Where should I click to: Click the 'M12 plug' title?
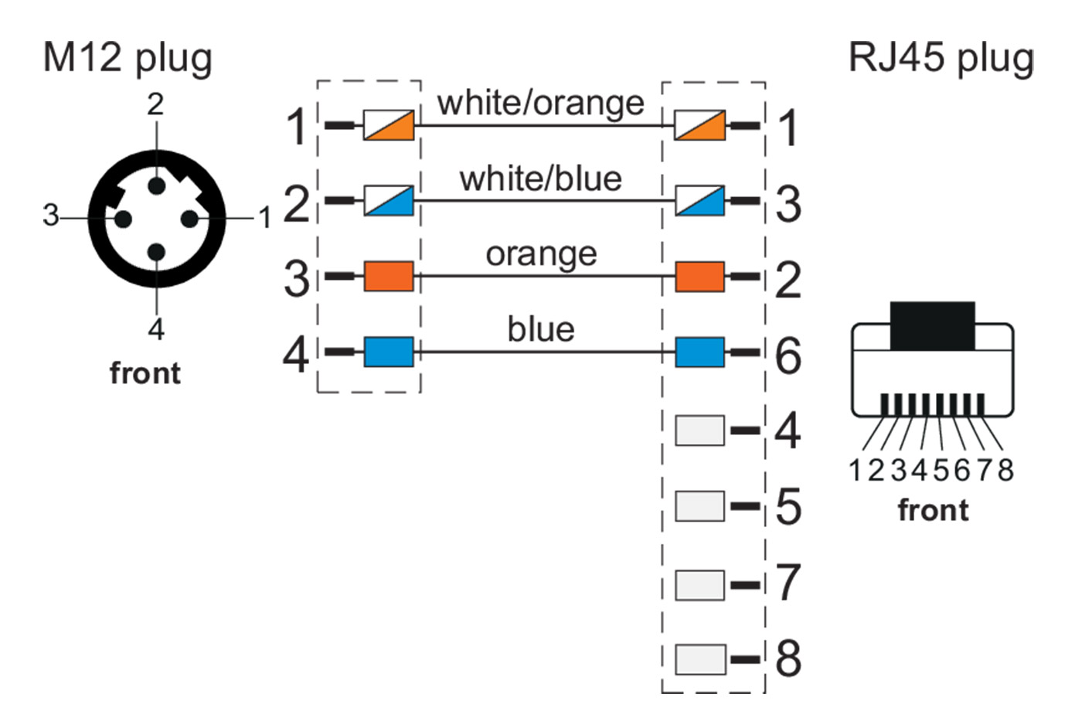[128, 58]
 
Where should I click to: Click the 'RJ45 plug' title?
[941, 58]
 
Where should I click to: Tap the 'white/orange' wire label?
[540, 103]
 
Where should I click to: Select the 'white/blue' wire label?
[540, 179]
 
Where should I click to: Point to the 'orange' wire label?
[541, 254]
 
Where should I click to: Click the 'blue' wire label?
[541, 330]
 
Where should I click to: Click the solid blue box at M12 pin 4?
[389, 352]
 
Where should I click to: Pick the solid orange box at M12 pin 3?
[389, 276]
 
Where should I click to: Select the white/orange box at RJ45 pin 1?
[700, 125]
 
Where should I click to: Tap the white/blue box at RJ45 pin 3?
[700, 201]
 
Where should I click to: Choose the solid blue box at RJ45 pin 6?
[700, 352]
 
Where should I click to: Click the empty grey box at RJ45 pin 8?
[700, 659]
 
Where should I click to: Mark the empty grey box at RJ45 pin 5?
[700, 506]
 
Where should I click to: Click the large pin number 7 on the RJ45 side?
[788, 583]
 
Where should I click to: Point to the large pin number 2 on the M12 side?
[297, 203]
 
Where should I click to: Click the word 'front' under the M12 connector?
[145, 373]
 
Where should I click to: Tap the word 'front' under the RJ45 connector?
[933, 510]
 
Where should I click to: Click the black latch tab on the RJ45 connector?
[932, 325]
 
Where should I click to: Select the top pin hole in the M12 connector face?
[157, 185]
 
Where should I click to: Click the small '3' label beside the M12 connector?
[51, 215]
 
